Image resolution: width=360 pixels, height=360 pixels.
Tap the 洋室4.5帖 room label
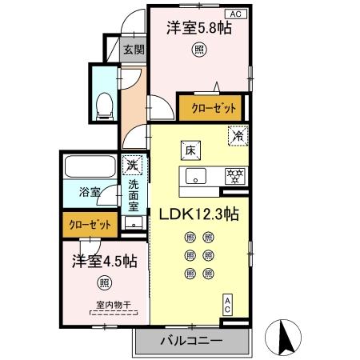point(104,261)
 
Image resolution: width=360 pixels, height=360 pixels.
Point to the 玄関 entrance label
point(132,50)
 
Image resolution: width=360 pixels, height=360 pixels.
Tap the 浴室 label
point(89,193)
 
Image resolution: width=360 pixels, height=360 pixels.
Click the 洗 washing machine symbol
point(133,165)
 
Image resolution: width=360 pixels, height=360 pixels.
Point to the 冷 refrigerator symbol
point(238,137)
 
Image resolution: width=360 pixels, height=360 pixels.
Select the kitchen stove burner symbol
point(236,175)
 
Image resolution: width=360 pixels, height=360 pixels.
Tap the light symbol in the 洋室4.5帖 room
point(104,282)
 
